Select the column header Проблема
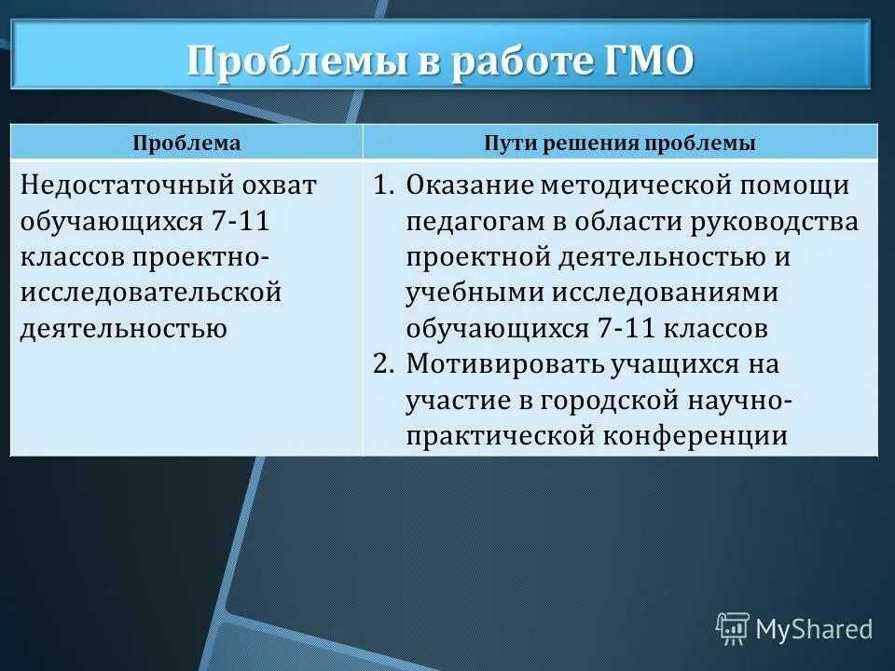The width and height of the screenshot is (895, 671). pyautogui.click(x=186, y=144)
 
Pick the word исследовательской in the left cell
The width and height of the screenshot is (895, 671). pyautogui.click(x=150, y=293)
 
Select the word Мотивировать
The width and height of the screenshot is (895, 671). pyautogui.click(x=500, y=363)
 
